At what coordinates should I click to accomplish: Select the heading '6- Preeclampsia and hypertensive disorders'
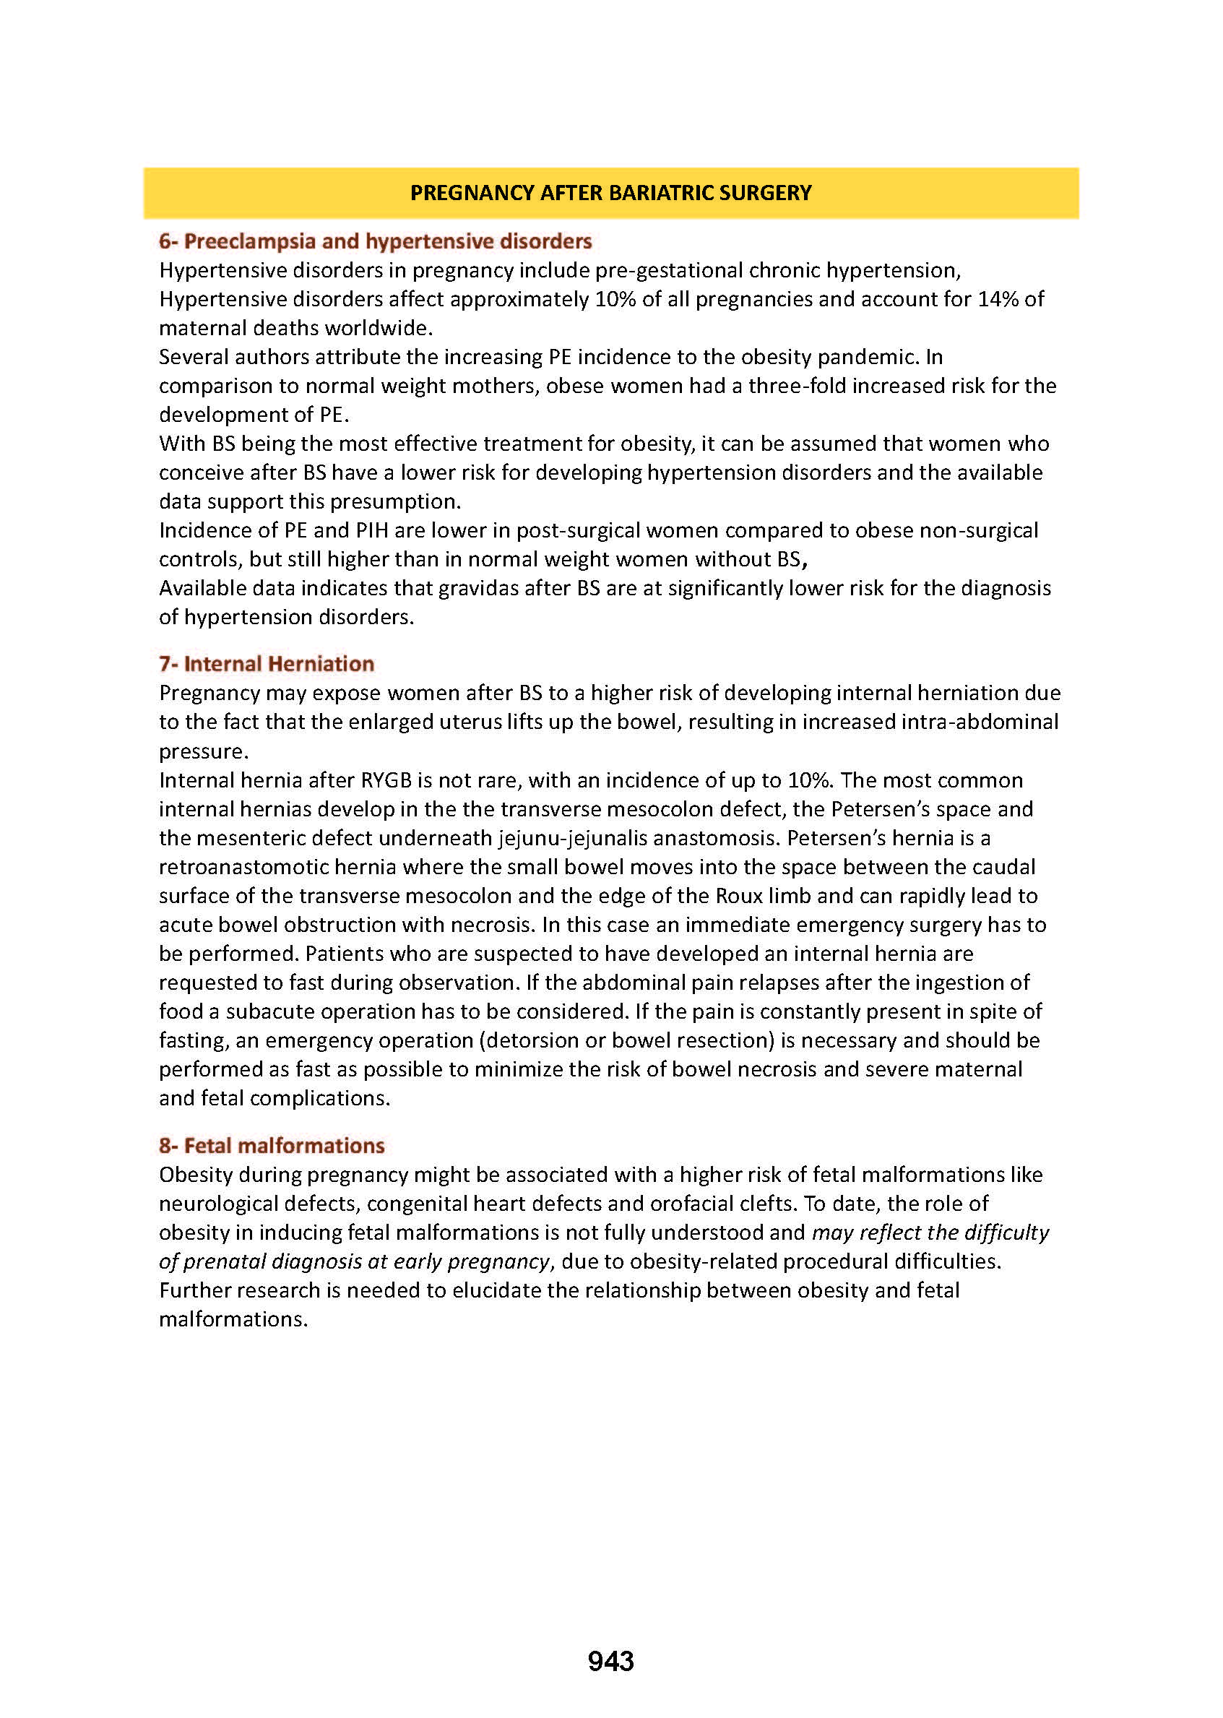375,241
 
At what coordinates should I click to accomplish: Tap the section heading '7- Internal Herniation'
267,663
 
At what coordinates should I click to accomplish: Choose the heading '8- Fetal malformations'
272,1146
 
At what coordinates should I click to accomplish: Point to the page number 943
610,1661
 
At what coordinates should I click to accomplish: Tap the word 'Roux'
739,896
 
